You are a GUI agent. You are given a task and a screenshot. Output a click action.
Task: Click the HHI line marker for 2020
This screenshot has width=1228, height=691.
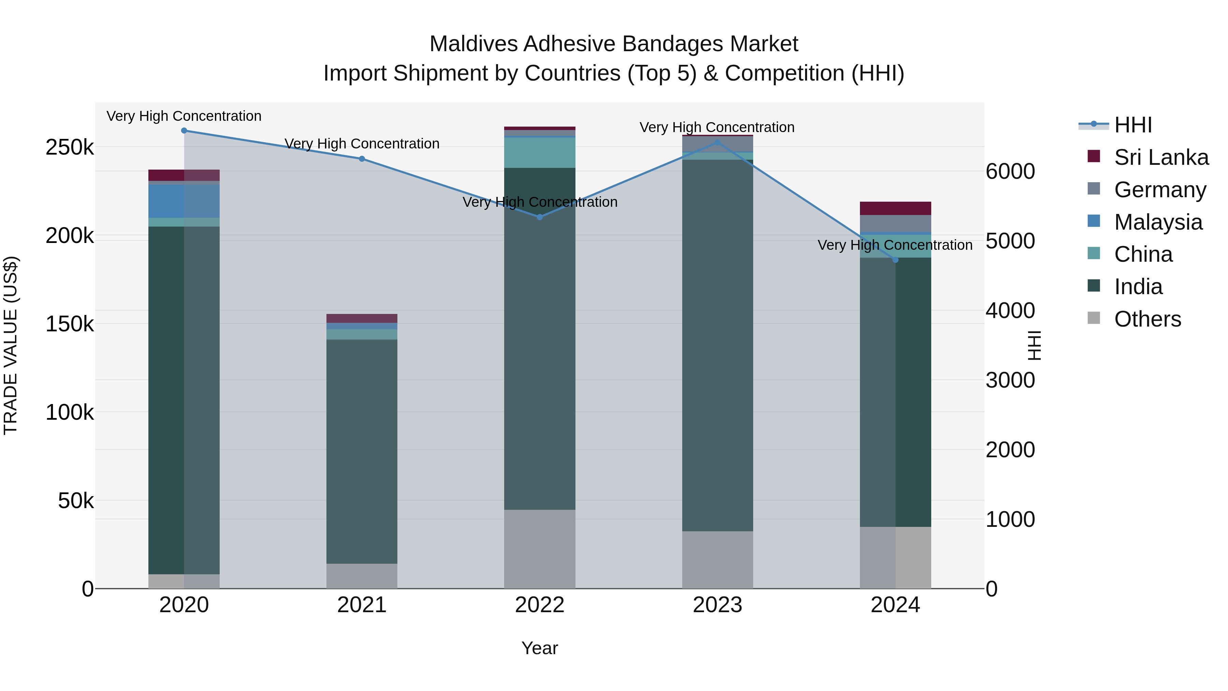pyautogui.click(x=184, y=131)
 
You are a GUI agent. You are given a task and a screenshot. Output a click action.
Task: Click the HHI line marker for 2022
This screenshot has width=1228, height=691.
pyautogui.click(x=540, y=217)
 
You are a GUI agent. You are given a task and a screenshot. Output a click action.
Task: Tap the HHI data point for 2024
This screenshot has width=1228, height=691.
pyautogui.click(x=895, y=260)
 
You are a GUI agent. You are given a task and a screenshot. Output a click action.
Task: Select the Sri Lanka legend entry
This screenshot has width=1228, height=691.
pyautogui.click(x=1161, y=157)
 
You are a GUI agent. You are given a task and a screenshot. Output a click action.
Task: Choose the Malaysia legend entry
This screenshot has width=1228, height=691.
pyautogui.click(x=1158, y=222)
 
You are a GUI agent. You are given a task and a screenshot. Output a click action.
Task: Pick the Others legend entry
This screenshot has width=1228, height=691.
pyautogui.click(x=1147, y=319)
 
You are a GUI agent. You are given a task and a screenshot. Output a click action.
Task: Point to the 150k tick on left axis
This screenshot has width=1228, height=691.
pyautogui.click(x=70, y=324)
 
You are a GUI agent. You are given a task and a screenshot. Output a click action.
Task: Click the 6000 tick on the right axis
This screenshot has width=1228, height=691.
pyautogui.click(x=1010, y=172)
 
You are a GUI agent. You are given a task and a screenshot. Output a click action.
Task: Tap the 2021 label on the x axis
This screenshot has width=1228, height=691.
pyautogui.click(x=362, y=605)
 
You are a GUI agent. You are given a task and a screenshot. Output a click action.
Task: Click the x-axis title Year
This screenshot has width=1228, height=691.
pyautogui.click(x=540, y=648)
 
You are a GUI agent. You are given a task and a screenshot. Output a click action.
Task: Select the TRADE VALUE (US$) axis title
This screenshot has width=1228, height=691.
pyautogui.click(x=11, y=345)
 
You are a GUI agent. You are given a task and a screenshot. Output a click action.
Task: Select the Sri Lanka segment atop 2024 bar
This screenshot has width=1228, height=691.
pyautogui.click(x=895, y=208)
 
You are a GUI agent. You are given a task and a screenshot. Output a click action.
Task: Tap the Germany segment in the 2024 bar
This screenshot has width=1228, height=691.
pyautogui.click(x=895, y=223)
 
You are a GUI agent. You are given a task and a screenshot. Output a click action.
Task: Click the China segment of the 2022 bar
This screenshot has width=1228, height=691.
pyautogui.click(x=540, y=153)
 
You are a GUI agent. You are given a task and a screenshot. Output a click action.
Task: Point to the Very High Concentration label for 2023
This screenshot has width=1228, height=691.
pyautogui.click(x=717, y=127)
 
